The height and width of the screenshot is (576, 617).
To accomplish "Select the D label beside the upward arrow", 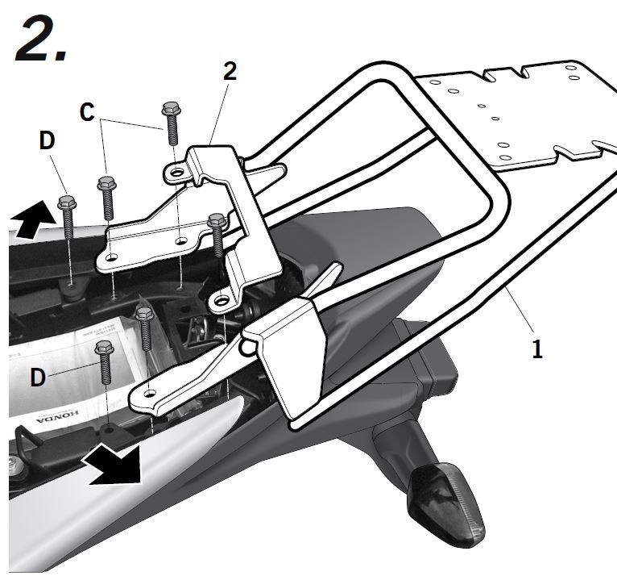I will tap(48, 140).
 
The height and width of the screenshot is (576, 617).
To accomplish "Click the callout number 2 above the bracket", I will tap(230, 71).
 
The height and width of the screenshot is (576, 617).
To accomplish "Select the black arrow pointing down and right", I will tap(112, 468).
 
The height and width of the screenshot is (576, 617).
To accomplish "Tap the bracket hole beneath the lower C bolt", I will tap(112, 257).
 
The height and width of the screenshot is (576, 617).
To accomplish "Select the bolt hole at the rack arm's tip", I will tap(149, 393).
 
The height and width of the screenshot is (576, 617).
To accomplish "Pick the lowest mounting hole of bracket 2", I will tap(219, 301).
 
